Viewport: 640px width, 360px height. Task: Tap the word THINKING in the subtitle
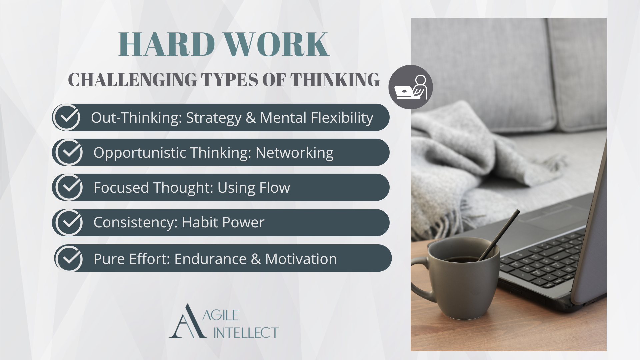(335, 80)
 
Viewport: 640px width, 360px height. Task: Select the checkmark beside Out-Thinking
(67, 117)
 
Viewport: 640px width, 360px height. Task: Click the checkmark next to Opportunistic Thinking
(69, 152)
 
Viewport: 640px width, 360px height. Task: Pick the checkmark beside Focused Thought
(69, 187)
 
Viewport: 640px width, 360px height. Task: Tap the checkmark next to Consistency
(69, 222)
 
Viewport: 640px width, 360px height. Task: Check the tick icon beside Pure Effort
(69, 258)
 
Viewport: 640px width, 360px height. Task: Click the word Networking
(294, 153)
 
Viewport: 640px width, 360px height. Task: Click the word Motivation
(301, 259)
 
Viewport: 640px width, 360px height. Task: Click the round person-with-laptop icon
(410, 87)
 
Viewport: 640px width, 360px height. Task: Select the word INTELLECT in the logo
(246, 333)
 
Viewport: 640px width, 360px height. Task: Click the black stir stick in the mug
(500, 233)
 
